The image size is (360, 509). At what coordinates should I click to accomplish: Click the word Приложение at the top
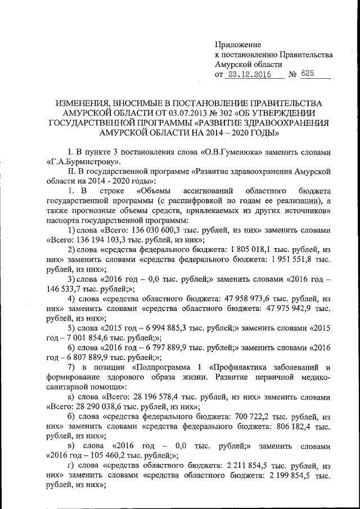click(239, 44)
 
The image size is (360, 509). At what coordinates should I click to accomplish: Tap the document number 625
click(308, 74)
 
